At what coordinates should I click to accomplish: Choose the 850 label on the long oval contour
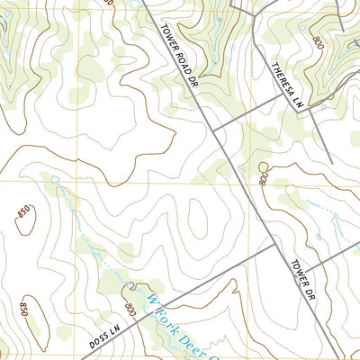pos(24,310)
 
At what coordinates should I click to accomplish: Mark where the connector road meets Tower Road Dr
pos(213,126)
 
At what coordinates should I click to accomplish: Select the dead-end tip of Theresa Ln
pos(331,162)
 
